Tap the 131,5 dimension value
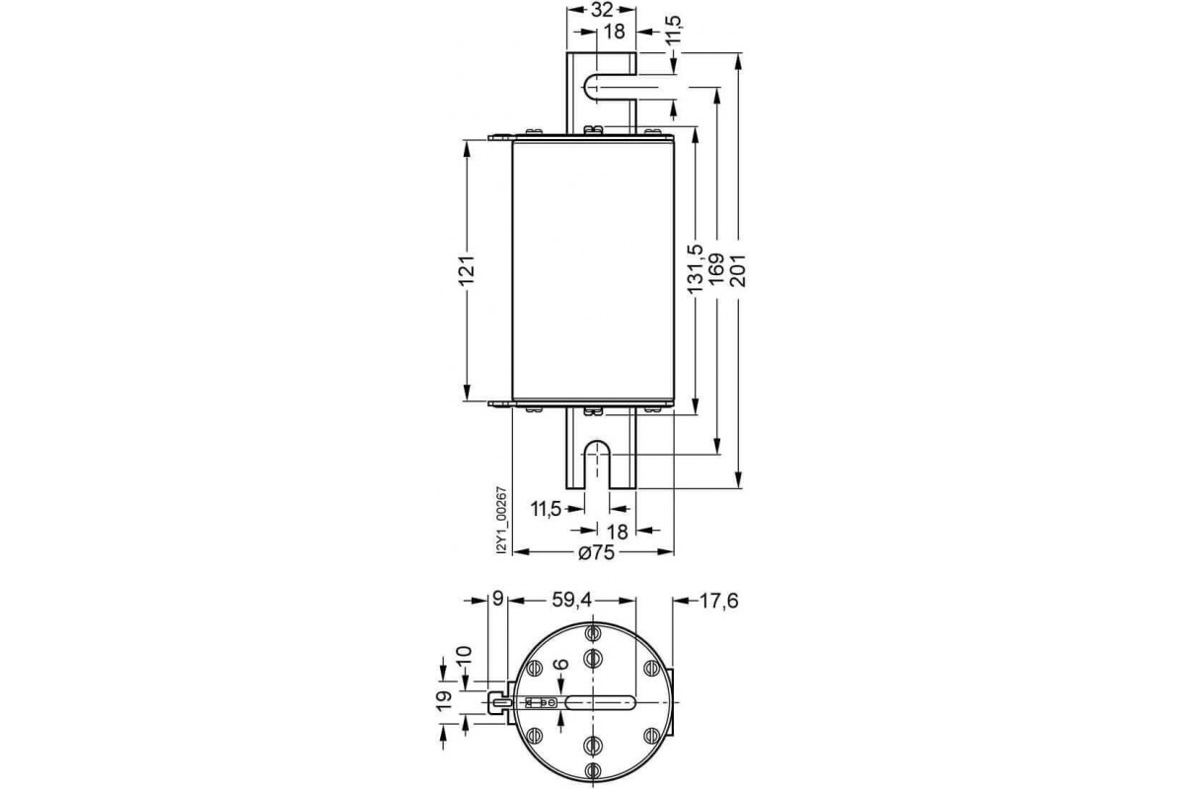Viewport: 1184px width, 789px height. click(695, 270)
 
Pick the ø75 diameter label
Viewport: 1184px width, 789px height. click(596, 554)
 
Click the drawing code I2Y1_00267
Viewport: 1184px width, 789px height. click(501, 521)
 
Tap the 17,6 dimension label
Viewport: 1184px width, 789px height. click(719, 599)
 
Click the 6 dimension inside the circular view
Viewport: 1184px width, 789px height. click(561, 667)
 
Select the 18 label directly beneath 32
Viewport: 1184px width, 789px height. click(613, 32)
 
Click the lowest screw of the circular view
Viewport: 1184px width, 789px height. click(593, 770)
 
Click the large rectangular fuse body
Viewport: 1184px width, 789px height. click(593, 270)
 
